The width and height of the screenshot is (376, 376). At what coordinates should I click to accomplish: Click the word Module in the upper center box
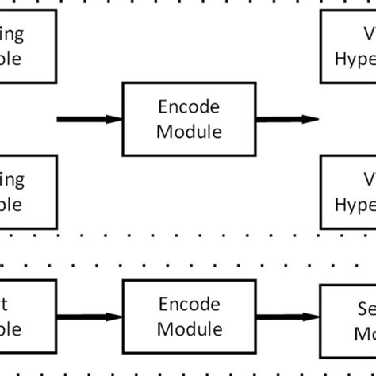point(188,131)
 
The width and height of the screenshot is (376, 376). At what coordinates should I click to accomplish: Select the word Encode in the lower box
point(188,303)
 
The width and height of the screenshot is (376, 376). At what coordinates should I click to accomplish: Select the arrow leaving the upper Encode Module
point(286,120)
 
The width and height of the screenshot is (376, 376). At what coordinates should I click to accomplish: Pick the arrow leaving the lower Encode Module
point(286,315)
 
